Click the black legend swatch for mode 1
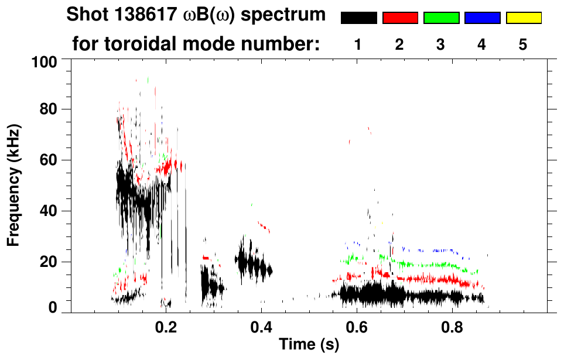click(x=358, y=18)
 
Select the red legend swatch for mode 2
click(x=400, y=18)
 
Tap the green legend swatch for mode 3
click(x=441, y=18)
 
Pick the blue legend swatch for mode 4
click(x=482, y=18)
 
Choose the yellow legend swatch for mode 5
click(x=523, y=18)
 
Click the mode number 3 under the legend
click(x=441, y=44)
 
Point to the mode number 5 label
click(x=523, y=44)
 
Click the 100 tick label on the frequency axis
click(x=43, y=60)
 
